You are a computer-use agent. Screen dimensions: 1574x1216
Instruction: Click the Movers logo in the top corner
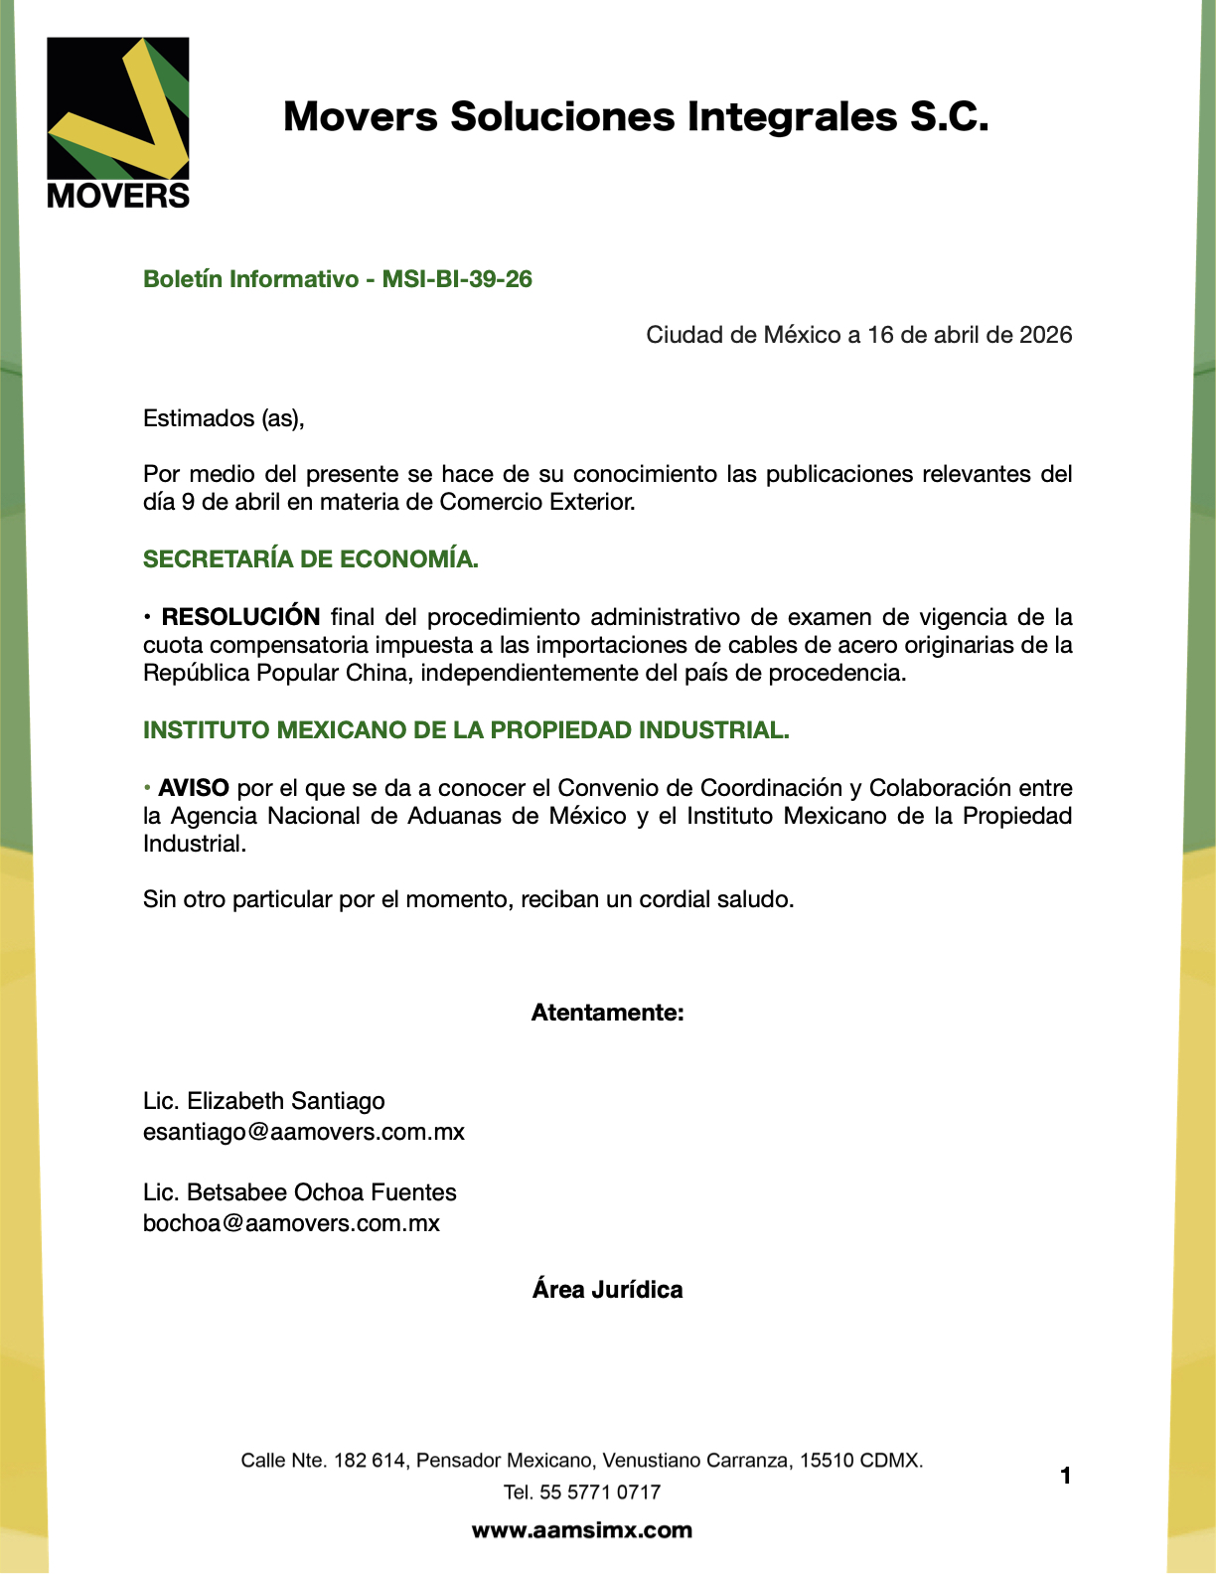(118, 122)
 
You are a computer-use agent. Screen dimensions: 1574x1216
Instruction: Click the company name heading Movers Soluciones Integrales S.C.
(636, 117)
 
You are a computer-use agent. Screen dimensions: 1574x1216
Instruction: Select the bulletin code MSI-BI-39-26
(457, 279)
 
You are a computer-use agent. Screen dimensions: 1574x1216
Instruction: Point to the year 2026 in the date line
(1045, 335)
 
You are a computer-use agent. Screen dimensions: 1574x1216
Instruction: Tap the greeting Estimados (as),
(224, 418)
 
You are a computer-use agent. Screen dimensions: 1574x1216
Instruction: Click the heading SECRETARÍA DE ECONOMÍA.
(310, 559)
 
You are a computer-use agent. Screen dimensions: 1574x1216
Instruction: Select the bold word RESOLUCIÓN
(240, 617)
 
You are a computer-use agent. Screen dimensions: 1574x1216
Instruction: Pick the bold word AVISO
(194, 788)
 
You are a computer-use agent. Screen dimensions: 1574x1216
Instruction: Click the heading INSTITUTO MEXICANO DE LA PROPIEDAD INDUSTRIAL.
(466, 730)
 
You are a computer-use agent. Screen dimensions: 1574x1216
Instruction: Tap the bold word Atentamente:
(607, 1013)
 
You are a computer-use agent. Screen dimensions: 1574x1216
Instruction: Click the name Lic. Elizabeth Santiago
(263, 1101)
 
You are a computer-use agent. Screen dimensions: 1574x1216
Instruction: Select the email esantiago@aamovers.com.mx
(303, 1132)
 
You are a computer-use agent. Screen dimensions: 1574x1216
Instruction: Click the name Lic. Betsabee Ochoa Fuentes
(299, 1192)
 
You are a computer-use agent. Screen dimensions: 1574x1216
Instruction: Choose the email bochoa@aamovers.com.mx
(291, 1223)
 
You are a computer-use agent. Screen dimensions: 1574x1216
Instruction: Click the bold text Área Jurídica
(607, 1290)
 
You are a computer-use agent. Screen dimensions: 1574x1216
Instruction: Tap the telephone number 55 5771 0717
(600, 1493)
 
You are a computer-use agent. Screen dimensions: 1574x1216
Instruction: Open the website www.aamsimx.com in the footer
(581, 1530)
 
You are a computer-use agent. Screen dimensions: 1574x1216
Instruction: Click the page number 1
(1065, 1477)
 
